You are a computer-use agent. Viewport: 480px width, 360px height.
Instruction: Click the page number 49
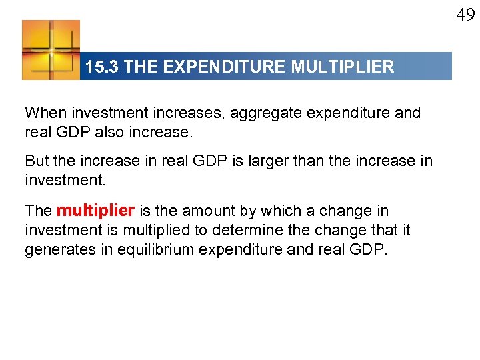pos(465,14)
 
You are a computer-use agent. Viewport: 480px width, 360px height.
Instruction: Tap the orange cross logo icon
pos(51,50)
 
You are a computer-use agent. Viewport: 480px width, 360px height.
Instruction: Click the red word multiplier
pos(96,211)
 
